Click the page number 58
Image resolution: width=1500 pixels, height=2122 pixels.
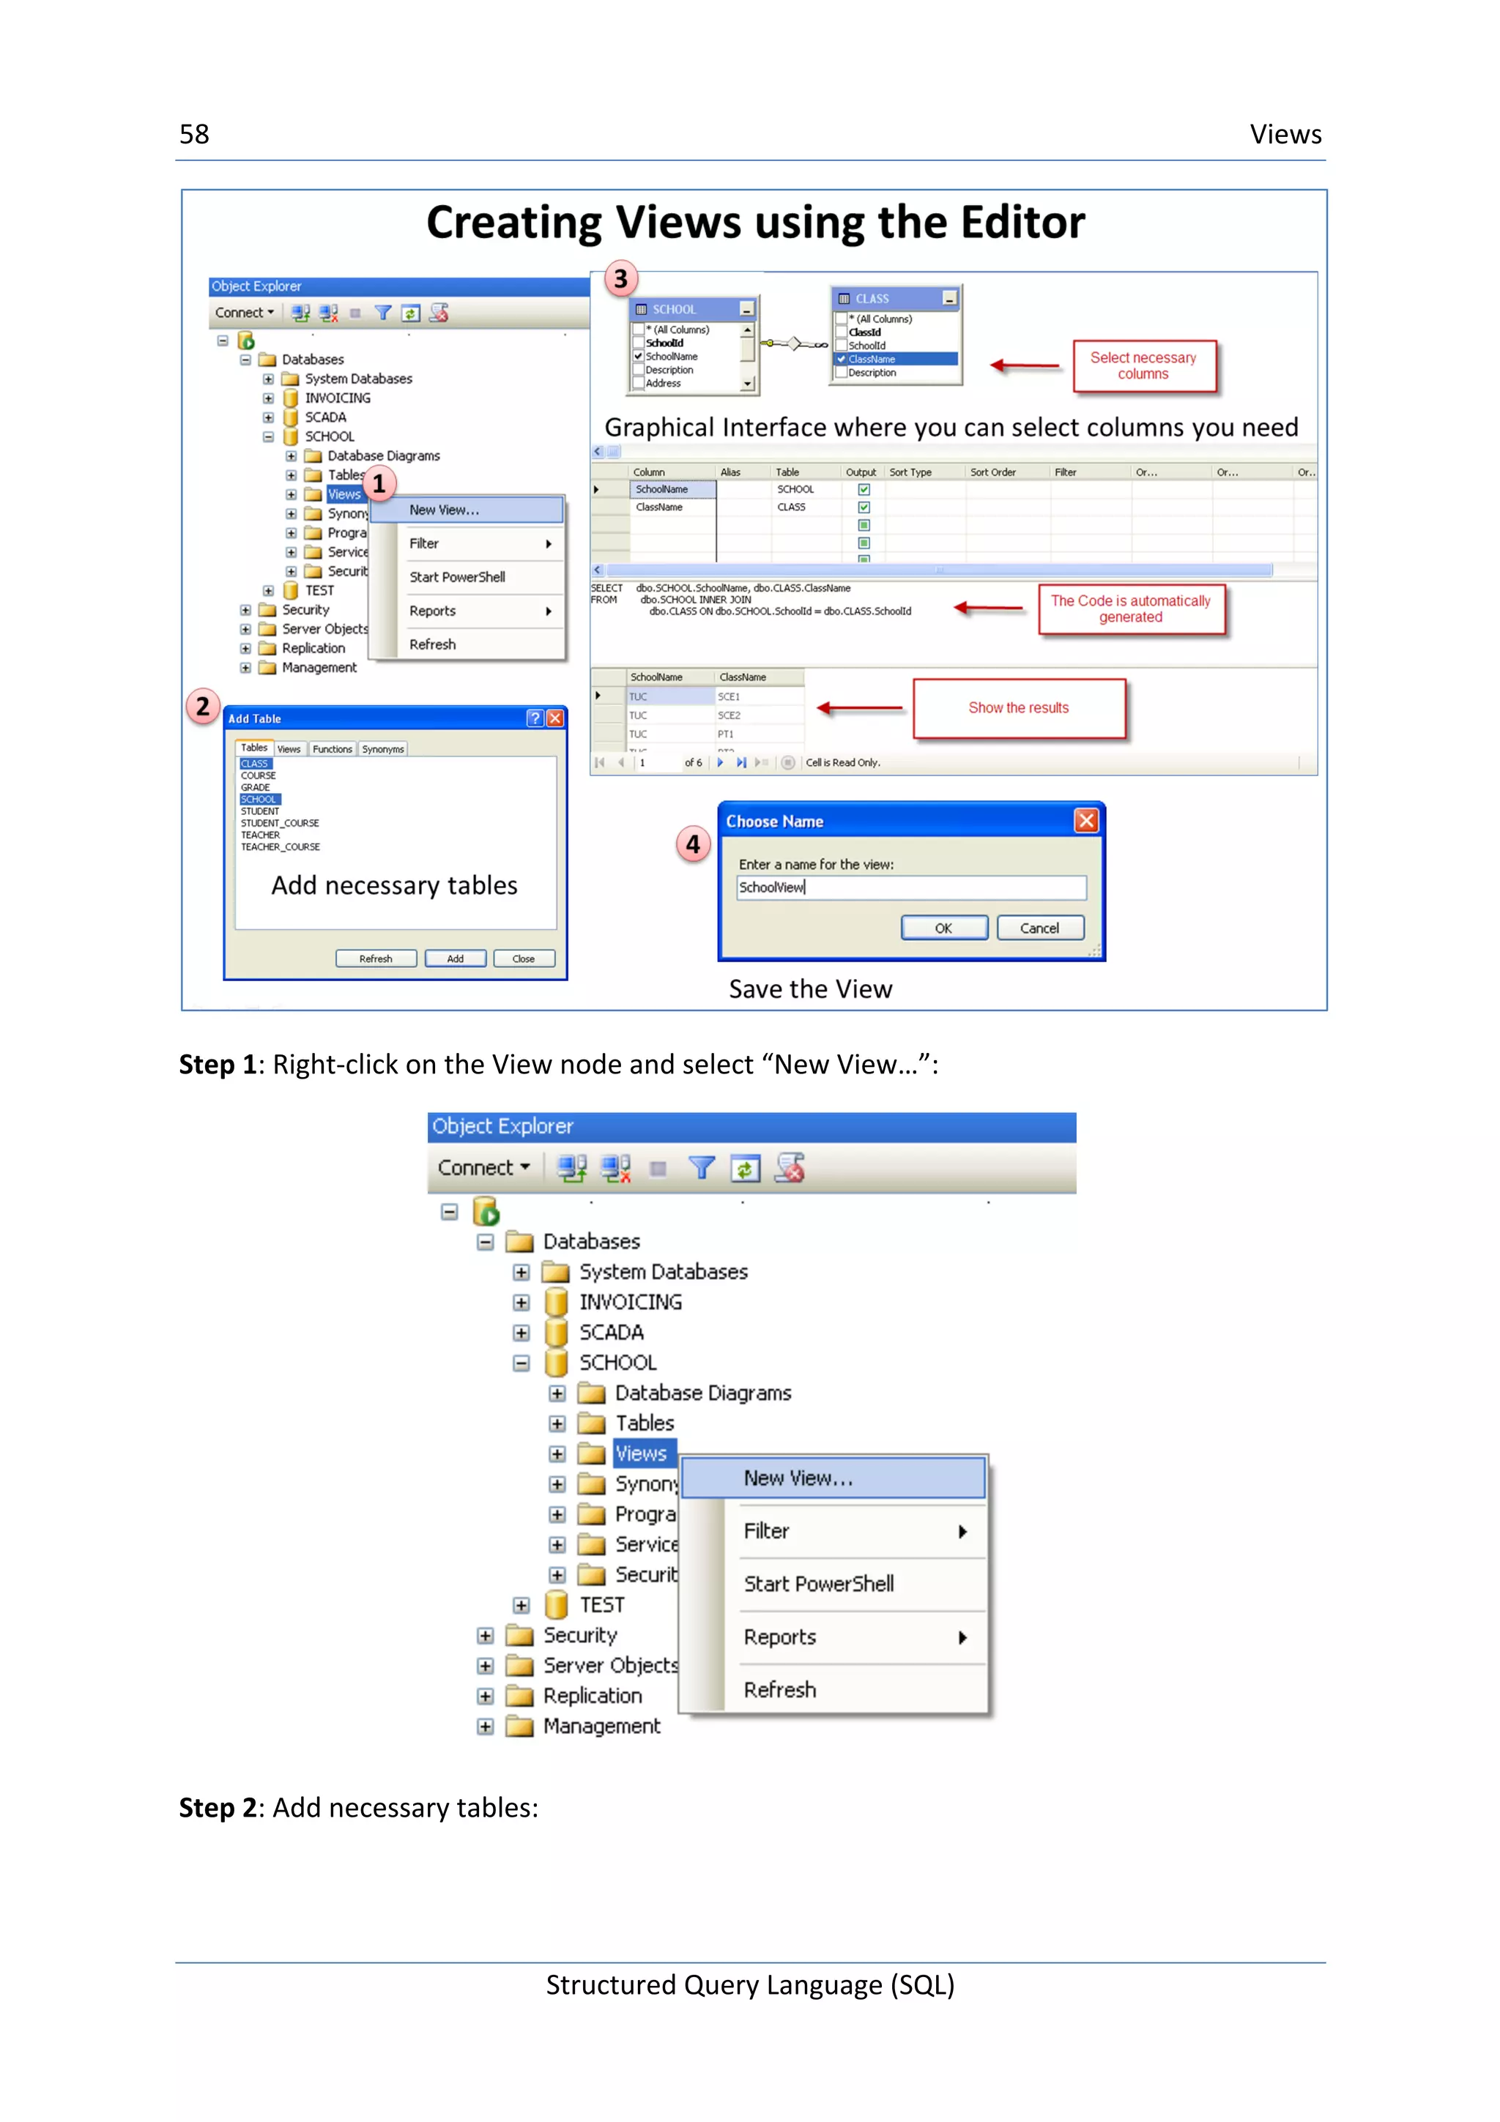(x=194, y=135)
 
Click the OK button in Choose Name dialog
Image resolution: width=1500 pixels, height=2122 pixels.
(x=943, y=928)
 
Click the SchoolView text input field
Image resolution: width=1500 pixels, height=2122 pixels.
(x=910, y=887)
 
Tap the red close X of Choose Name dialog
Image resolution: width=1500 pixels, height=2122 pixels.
(x=1086, y=821)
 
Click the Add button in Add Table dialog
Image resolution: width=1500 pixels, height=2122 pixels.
(x=455, y=958)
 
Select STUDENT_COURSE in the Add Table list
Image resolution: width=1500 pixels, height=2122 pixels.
(x=280, y=822)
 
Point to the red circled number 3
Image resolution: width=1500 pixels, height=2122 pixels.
(x=621, y=278)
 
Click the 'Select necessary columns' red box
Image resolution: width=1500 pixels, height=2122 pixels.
(x=1143, y=366)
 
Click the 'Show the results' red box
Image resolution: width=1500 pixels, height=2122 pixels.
(x=1019, y=708)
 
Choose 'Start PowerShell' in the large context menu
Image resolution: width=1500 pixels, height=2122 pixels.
(x=819, y=1584)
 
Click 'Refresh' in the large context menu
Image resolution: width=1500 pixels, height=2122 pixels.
(x=780, y=1689)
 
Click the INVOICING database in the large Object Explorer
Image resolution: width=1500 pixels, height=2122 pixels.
(x=631, y=1302)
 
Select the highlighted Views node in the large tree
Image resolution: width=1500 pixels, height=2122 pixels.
(x=642, y=1453)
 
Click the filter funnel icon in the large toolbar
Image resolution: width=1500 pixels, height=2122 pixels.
(x=702, y=1168)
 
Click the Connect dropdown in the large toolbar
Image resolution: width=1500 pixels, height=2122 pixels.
(x=483, y=1167)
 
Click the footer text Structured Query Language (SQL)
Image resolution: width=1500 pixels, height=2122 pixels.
(x=749, y=1984)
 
